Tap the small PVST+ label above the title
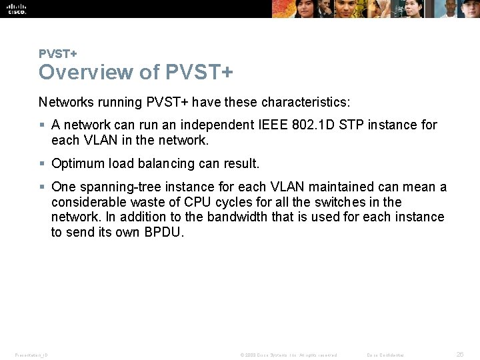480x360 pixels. (57, 53)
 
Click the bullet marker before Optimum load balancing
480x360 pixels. (43, 163)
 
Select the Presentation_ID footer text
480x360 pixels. (30, 355)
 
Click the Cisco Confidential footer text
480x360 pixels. (385, 355)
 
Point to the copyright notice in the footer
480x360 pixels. (288, 355)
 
